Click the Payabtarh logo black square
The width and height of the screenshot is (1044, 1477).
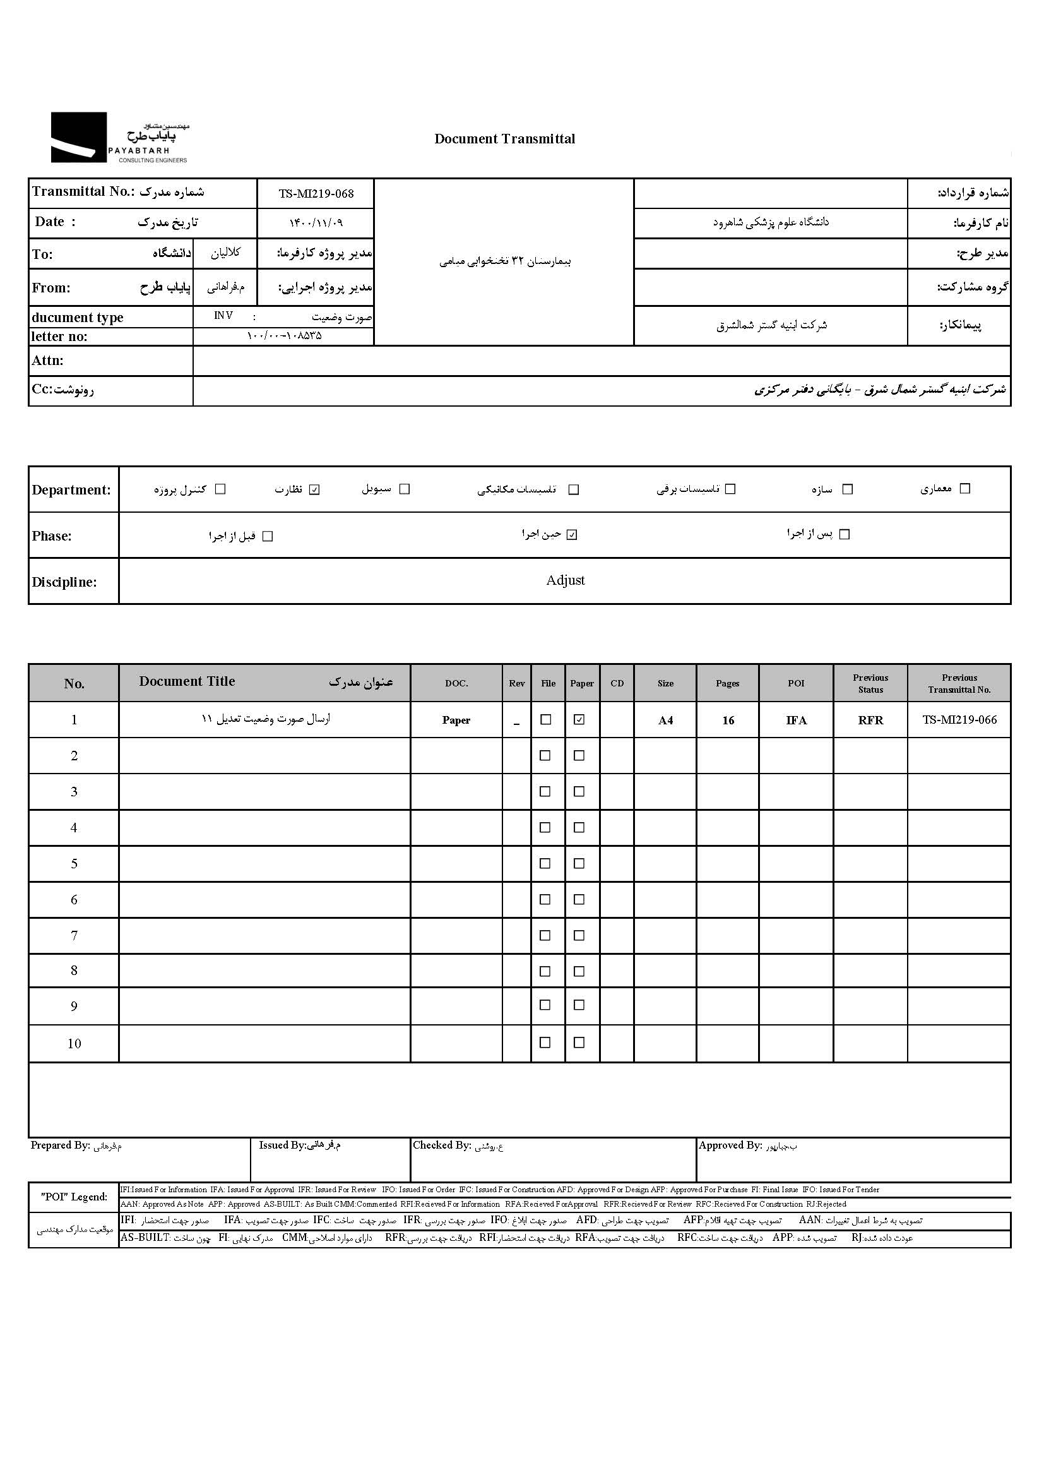pos(78,137)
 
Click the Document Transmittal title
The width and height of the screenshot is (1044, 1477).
pos(505,139)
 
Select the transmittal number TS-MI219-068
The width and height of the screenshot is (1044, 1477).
pos(316,194)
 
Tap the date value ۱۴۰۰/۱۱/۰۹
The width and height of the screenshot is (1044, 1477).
pos(316,223)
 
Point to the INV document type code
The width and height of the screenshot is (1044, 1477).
pos(223,316)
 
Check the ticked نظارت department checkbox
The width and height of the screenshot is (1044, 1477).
pos(314,489)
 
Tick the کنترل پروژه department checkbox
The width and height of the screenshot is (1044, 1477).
pos(220,489)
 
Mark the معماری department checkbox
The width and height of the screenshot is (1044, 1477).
pos(964,489)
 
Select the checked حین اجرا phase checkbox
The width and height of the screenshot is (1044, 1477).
pos(572,535)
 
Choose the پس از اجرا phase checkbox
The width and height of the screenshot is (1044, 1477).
pos(845,535)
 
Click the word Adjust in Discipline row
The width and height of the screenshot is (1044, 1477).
pos(565,580)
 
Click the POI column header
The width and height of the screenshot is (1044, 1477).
pos(796,683)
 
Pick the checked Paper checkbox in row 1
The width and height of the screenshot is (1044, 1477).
pos(579,720)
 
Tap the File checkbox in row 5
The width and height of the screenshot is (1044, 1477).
pos(545,863)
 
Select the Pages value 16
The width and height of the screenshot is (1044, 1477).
pos(728,721)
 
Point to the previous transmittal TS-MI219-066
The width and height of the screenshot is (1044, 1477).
pos(959,720)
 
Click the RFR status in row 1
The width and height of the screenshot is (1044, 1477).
pos(870,721)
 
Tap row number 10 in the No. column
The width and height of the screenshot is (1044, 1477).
pos(74,1043)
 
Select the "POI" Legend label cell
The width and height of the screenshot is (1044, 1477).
pos(74,1197)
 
